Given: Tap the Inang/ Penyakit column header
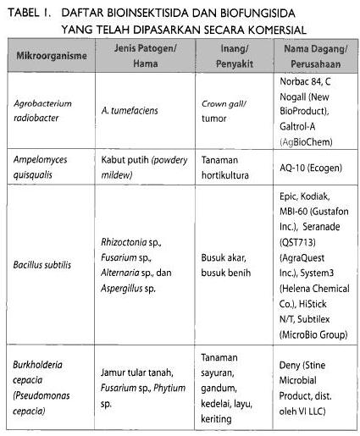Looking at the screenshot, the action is pyautogui.click(x=227, y=56).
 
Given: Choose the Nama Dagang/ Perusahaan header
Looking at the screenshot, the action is pyautogui.click(x=308, y=56).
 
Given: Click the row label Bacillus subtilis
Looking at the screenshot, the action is pyautogui.click(x=41, y=264).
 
